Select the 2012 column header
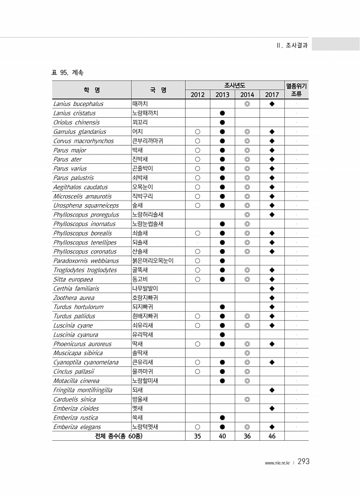(x=197, y=95)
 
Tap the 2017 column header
(x=272, y=95)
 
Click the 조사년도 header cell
(x=234, y=85)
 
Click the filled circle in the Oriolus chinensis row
(x=222, y=122)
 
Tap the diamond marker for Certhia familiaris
(x=272, y=288)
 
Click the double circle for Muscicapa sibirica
(x=247, y=353)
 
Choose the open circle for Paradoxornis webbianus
(x=197, y=260)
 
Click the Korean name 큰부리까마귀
(x=148, y=141)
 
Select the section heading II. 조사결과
(x=291, y=45)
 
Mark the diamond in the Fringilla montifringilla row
(x=272, y=390)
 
